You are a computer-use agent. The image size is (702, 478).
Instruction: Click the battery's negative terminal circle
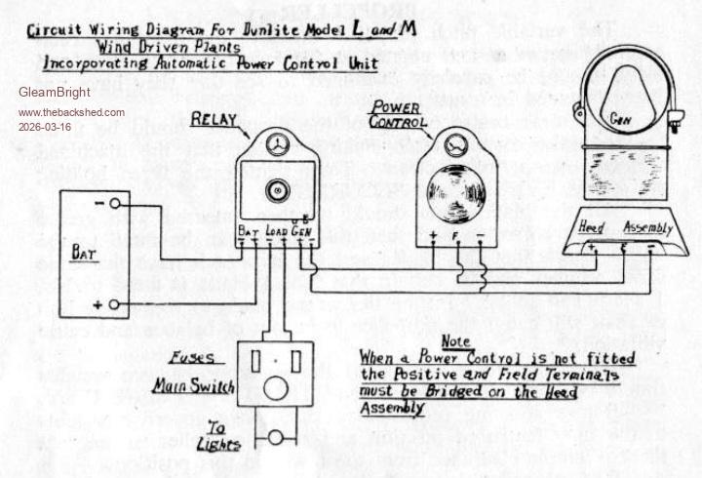(115, 203)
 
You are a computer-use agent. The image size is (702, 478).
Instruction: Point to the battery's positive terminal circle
(115, 305)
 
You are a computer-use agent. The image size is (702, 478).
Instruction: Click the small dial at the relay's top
(276, 141)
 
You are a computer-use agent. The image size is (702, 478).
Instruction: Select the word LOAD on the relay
(275, 232)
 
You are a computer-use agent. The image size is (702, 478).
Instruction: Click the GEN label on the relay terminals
(301, 231)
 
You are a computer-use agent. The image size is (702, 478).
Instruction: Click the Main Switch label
(193, 386)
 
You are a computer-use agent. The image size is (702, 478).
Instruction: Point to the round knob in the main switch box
(276, 388)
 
